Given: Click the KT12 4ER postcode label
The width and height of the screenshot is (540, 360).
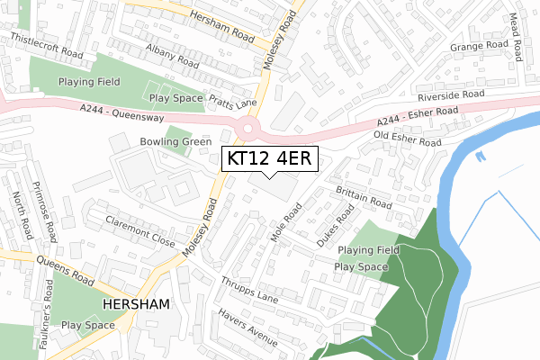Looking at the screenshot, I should pos(269,158).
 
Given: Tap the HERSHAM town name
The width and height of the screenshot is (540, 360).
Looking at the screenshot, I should pos(136,305).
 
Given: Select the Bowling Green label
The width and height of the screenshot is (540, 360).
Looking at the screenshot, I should pos(175,142).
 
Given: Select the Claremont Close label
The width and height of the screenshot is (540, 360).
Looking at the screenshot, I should pos(139,229).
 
